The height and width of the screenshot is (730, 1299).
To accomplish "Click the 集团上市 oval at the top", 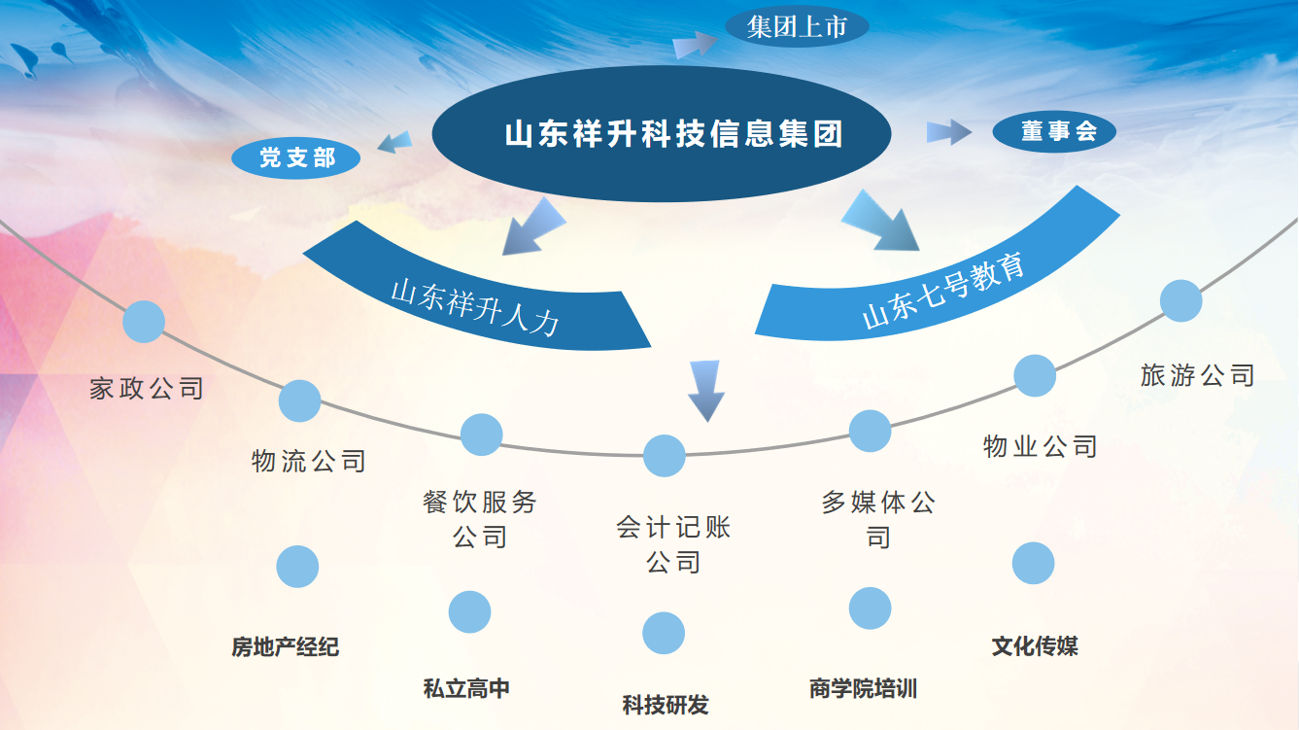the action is [797, 26].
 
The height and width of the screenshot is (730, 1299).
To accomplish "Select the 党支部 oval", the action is [295, 157].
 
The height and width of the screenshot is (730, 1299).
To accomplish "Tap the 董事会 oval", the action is [1054, 132].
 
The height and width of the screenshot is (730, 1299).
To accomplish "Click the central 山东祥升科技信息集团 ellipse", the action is [661, 133].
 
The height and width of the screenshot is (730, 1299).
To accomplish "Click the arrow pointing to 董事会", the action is [948, 132].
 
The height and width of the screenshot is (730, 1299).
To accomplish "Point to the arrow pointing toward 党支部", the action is [394, 142].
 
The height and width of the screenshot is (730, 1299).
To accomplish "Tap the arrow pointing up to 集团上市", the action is [695, 44].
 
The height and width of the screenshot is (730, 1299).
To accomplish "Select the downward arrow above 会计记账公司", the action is [705, 391].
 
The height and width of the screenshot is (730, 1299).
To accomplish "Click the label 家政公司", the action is [146, 388].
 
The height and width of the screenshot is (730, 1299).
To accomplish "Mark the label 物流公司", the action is [309, 462].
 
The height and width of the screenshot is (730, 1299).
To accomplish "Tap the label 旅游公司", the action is [1198, 375].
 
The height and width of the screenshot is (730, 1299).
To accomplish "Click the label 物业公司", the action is [1041, 447].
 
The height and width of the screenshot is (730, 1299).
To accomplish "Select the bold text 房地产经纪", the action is [285, 646].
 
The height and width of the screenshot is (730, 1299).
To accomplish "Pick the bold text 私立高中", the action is [466, 688].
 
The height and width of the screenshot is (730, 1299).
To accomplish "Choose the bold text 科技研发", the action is [666, 705].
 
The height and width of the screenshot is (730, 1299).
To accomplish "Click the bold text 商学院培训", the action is [863, 688].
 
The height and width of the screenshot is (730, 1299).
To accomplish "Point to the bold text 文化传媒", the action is [1035, 645].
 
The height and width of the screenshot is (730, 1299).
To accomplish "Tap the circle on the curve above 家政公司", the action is [144, 322].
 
